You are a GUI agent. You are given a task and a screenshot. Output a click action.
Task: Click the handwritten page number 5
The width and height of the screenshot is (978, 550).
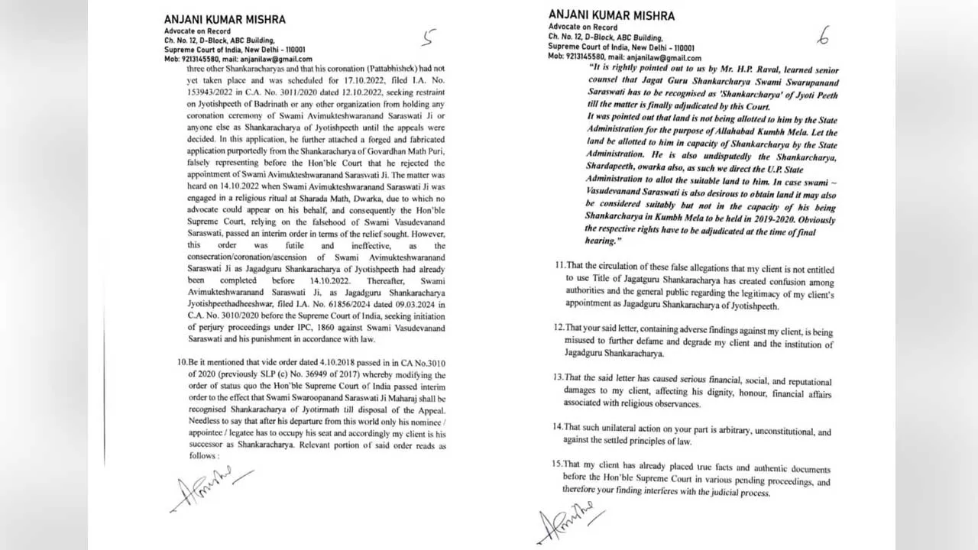coord(430,37)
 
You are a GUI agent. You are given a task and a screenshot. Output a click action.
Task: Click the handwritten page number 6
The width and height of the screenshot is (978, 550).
coord(823,35)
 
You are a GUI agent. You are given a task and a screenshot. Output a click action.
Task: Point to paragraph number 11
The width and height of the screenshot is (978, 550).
coord(560,265)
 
